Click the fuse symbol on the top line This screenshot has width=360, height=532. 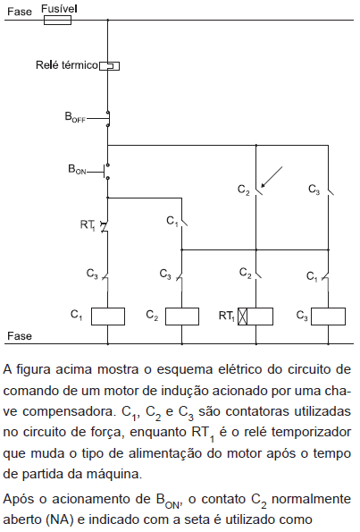[57, 21]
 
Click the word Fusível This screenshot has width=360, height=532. [59, 8]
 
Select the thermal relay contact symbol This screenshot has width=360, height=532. [109, 65]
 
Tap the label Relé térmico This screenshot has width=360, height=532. [67, 64]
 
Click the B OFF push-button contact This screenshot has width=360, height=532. [107, 119]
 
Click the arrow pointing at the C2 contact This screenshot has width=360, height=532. [272, 177]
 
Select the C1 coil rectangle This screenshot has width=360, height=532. [108, 317]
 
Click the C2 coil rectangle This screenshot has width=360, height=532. [182, 317]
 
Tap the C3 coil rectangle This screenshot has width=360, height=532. [328, 317]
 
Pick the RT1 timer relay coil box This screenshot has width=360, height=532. [255, 317]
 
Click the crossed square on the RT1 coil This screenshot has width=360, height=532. [242, 317]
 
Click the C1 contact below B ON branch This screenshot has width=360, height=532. [183, 223]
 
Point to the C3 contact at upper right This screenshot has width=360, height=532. [330, 191]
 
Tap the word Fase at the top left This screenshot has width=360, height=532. [20, 12]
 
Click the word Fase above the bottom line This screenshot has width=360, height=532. [20, 336]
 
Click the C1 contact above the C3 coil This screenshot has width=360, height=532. [327, 276]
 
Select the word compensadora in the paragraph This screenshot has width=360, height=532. [68, 411]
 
